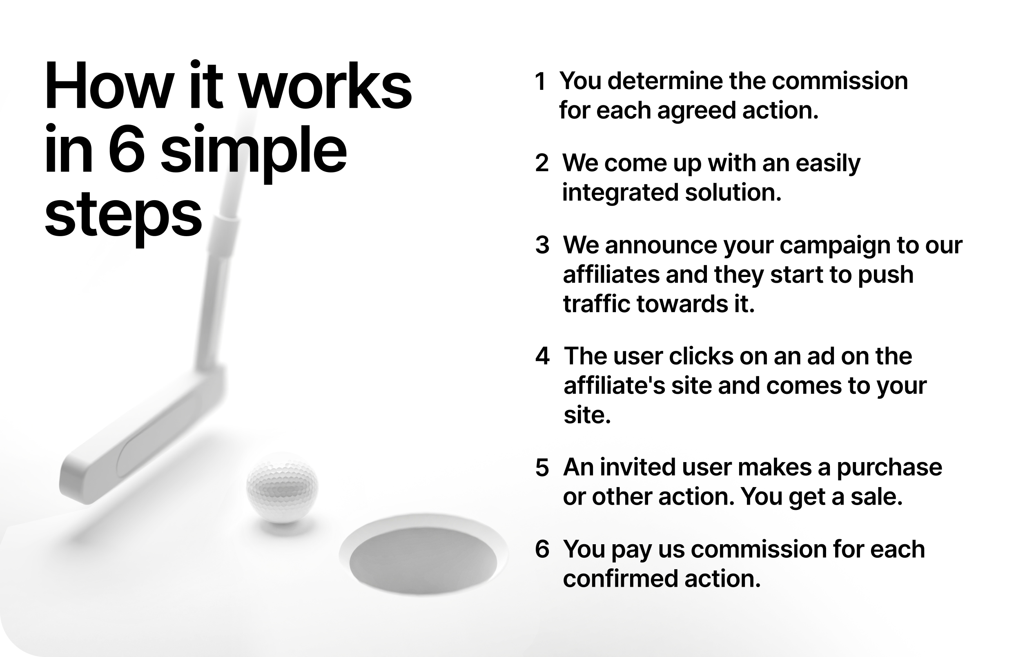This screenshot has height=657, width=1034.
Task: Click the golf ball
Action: pyautogui.click(x=282, y=488)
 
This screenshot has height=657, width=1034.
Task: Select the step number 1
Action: pyautogui.click(x=541, y=82)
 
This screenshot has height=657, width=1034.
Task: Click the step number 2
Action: pyautogui.click(x=542, y=163)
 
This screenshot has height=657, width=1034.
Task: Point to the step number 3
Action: pyautogui.click(x=542, y=246)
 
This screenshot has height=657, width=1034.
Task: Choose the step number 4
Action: pyautogui.click(x=542, y=356)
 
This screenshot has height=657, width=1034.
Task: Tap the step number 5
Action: pyautogui.click(x=542, y=467)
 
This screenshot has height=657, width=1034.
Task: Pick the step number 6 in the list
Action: pyautogui.click(x=542, y=549)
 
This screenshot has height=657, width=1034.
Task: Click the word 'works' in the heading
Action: pyautogui.click(x=325, y=85)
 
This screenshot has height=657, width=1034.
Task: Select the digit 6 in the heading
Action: pyautogui.click(x=126, y=150)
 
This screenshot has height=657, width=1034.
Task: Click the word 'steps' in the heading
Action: pyautogui.click(x=123, y=215)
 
